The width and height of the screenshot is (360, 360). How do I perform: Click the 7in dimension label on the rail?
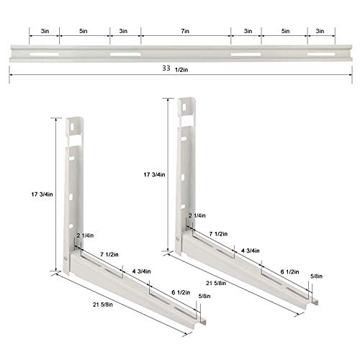pos(186,32)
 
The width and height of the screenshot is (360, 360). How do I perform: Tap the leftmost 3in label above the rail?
pos(44,32)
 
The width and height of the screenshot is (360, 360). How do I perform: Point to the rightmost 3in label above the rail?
pos(322,32)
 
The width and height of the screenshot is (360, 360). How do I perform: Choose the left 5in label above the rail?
pos(84,32)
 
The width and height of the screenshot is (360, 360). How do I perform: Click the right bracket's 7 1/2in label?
pos(220,234)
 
